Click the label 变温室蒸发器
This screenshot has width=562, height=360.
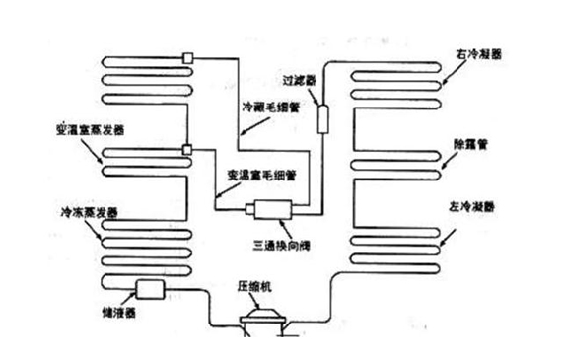click(x=92, y=130)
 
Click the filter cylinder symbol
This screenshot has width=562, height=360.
click(x=321, y=115)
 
